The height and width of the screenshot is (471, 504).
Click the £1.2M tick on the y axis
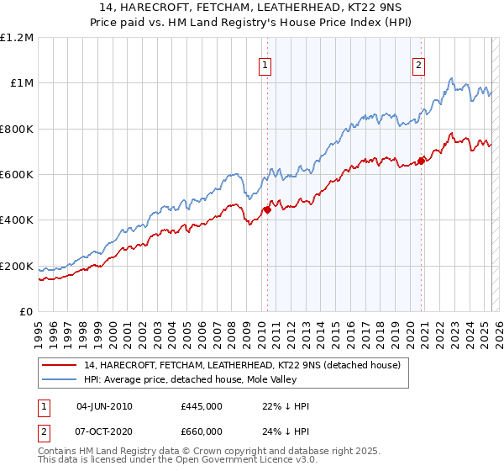click(17, 38)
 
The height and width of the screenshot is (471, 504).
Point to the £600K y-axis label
click(17, 175)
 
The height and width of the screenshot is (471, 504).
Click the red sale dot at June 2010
click(267, 210)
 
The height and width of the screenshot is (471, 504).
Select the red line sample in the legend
click(60, 365)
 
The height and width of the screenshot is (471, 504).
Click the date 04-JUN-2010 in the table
click(104, 406)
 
